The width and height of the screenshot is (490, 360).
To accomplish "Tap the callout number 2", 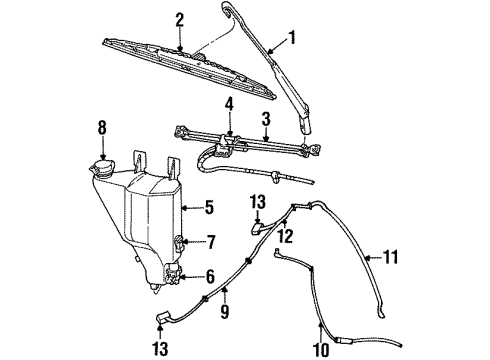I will [x=180, y=19].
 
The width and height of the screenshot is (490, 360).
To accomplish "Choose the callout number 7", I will [x=209, y=241].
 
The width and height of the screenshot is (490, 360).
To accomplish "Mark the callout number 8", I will [x=101, y=127].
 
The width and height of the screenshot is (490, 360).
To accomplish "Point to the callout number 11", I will [x=391, y=257].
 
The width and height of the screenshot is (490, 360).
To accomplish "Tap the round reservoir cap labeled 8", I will [x=100, y=165].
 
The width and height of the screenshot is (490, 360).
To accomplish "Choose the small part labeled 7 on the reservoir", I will [x=177, y=241].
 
